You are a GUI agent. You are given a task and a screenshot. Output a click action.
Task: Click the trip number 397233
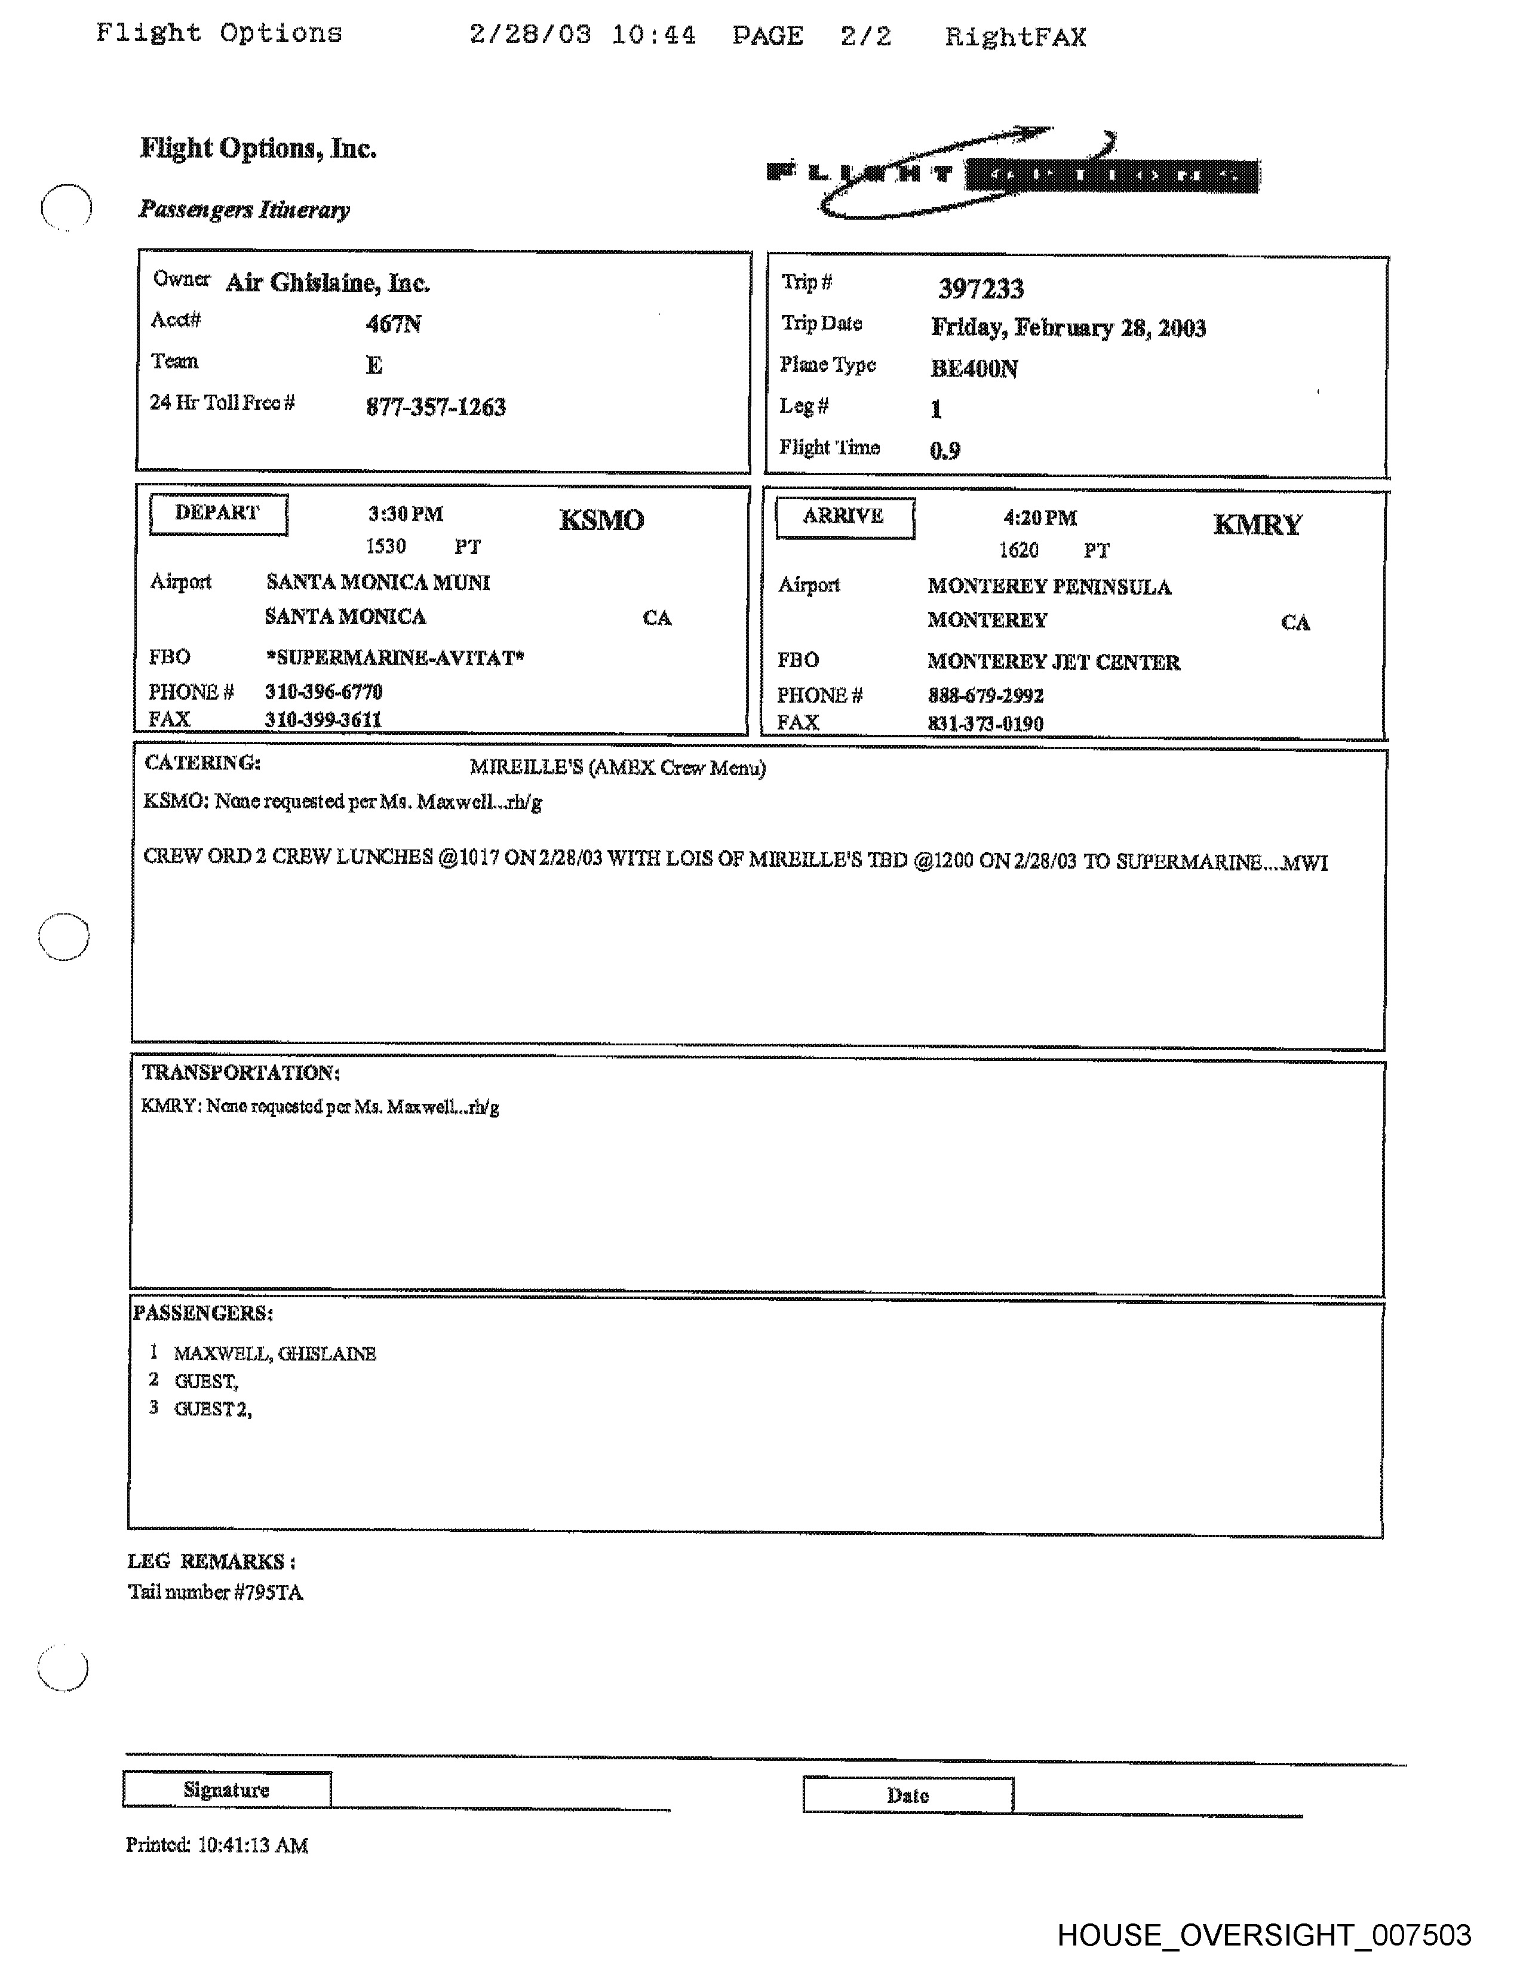981,289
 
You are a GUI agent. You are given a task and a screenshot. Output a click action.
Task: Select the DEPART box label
217,513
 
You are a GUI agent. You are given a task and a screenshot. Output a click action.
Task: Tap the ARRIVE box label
843,517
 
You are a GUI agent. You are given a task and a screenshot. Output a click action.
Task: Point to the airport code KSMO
601,521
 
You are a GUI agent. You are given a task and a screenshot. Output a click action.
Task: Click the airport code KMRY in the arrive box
1257,525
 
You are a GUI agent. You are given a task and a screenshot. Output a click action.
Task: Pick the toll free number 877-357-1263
436,407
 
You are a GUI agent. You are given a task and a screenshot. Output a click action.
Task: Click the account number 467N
394,324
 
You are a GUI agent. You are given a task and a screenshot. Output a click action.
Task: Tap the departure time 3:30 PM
405,514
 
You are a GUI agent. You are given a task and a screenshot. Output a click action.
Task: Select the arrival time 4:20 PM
1039,518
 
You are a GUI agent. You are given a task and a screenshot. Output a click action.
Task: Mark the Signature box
226,1790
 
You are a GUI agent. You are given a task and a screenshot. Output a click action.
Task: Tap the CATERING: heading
202,763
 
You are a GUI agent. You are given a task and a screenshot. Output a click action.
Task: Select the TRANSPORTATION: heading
240,1073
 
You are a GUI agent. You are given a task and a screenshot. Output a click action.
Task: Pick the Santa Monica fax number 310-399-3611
323,720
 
